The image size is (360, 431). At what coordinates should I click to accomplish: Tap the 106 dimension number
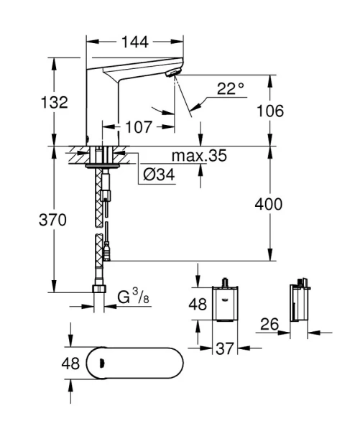coord(269,111)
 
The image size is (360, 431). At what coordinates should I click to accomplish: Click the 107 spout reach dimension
coord(138,127)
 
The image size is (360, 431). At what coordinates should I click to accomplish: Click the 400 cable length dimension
coord(268,204)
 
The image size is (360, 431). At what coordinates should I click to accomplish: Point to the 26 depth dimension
coord(269,325)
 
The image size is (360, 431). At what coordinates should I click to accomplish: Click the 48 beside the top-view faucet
coord(70,363)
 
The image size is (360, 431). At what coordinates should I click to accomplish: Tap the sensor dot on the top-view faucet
coord(101,363)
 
